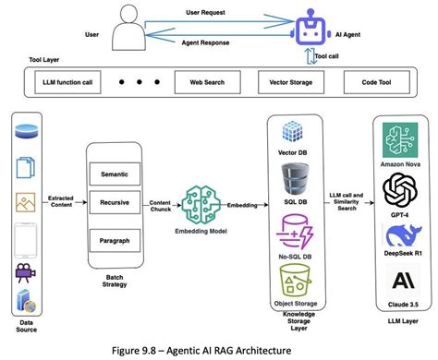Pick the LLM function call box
tap(62, 83)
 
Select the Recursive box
tap(114, 199)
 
